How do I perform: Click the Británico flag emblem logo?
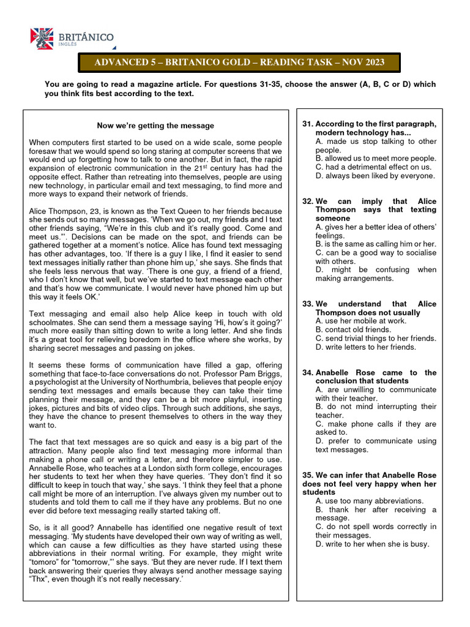click(42, 39)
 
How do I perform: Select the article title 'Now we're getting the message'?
click(155, 126)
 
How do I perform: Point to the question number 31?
click(308, 124)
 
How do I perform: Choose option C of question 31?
click(373, 167)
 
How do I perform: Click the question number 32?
click(308, 201)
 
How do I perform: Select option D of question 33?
click(365, 347)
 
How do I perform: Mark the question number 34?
click(308, 372)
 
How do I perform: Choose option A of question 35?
click(370, 501)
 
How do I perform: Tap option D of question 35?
click(372, 544)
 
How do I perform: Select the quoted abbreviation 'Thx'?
click(39, 579)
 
